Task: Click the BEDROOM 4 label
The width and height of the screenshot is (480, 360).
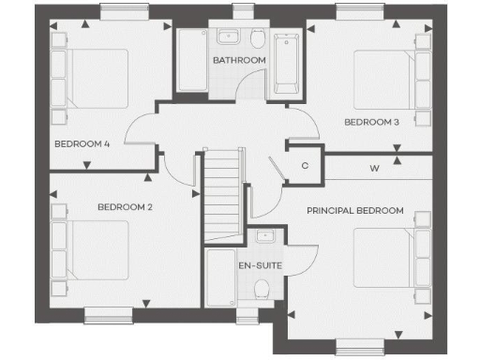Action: tap(82, 143)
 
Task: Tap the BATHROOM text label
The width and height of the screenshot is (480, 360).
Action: tap(239, 60)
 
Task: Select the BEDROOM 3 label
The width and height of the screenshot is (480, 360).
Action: tap(371, 122)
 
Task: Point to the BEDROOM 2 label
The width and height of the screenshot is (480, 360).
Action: tap(125, 206)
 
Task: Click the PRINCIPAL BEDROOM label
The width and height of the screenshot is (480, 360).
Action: tap(355, 211)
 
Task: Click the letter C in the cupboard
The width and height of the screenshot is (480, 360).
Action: tap(305, 166)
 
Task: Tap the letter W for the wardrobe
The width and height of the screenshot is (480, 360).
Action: tap(374, 169)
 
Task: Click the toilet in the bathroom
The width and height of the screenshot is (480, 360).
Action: tap(258, 37)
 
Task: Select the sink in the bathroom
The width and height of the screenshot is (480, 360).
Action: tap(228, 37)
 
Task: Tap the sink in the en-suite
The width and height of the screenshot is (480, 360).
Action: tap(264, 236)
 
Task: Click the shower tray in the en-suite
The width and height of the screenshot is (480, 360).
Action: tap(220, 278)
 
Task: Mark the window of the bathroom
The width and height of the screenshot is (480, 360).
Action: tap(244, 11)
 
